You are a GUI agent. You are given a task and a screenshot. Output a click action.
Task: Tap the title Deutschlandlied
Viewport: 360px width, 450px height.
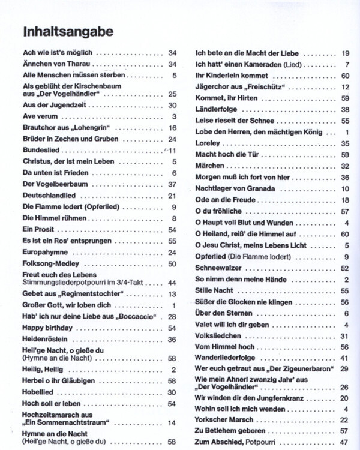click(x=48, y=196)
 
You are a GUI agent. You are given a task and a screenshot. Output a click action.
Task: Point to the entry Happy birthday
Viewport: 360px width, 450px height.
click(x=47, y=328)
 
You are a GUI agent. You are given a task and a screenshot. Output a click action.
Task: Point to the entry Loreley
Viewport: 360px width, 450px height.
click(x=208, y=143)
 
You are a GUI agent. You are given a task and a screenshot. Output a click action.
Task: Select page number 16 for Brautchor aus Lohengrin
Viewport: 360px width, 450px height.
click(x=173, y=128)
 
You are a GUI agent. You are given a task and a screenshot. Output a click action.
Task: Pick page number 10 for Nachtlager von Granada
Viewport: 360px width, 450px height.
click(x=345, y=188)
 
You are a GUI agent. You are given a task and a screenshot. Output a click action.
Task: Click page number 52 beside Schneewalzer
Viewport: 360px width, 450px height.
click(x=345, y=268)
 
